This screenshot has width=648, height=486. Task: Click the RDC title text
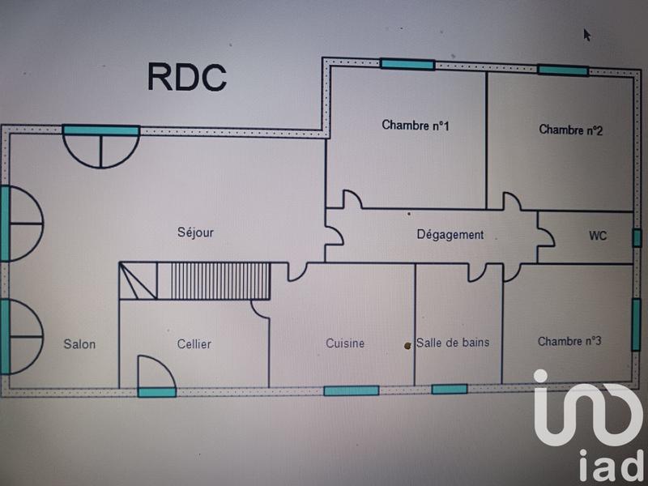click(x=186, y=77)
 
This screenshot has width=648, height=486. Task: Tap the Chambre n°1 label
click(x=416, y=126)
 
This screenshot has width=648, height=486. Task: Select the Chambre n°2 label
click(x=570, y=130)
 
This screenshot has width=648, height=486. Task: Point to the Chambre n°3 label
click(x=569, y=341)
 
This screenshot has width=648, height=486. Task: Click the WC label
click(x=598, y=237)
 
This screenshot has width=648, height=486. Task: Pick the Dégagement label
click(x=450, y=235)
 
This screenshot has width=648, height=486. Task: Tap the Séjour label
click(x=195, y=232)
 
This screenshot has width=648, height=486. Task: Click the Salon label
click(x=79, y=344)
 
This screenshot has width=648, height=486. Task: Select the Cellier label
click(x=194, y=344)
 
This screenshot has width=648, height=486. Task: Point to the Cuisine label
click(x=345, y=343)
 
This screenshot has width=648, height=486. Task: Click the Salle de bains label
click(x=454, y=343)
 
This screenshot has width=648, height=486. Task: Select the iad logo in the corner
click(x=587, y=425)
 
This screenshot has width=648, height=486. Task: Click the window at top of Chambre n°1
click(x=407, y=64)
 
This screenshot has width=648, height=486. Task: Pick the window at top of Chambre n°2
click(x=563, y=70)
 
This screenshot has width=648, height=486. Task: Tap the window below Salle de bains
click(x=450, y=390)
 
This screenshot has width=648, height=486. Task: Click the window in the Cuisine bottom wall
click(x=351, y=390)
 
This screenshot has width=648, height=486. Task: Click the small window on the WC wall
click(x=636, y=237)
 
